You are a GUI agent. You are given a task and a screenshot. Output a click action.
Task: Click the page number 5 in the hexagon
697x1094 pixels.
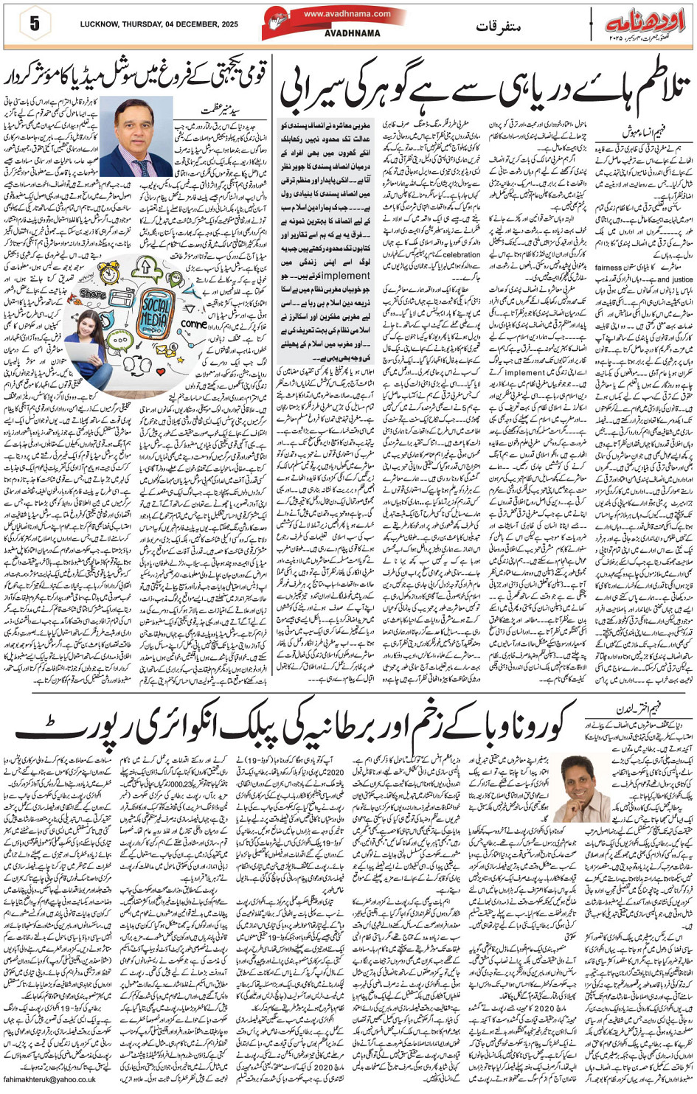click(x=35, y=24)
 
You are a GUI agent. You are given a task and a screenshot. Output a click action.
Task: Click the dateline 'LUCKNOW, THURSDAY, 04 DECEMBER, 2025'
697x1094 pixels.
click(x=159, y=24)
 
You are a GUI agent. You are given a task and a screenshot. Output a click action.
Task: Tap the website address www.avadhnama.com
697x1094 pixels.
click(x=336, y=14)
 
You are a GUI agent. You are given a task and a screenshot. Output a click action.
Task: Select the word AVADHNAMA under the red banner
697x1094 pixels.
click(x=336, y=33)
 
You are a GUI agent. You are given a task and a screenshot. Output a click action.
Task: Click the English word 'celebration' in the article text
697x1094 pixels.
click(x=462, y=254)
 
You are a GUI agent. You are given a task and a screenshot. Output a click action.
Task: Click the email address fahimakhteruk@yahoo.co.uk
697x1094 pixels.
click(x=49, y=1080)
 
